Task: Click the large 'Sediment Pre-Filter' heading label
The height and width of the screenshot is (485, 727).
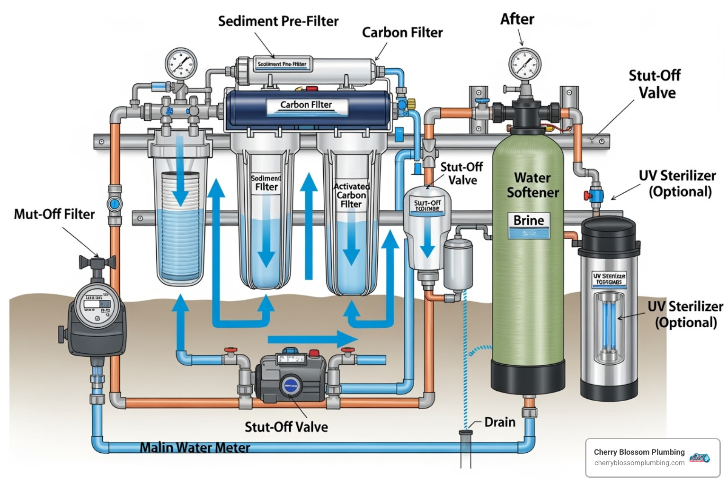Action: pyautogui.click(x=278, y=21)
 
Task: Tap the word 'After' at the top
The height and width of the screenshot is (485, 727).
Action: pyautogui.click(x=517, y=19)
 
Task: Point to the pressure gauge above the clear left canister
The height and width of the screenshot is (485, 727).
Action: pyautogui.click(x=181, y=63)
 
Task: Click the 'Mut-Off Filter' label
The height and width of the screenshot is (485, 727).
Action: pyautogui.click(x=54, y=214)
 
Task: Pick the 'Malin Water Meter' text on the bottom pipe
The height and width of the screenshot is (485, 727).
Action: pyautogui.click(x=195, y=447)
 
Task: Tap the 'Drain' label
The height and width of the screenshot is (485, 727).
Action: pyautogui.click(x=499, y=422)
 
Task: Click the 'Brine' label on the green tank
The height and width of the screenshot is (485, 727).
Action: pyautogui.click(x=529, y=221)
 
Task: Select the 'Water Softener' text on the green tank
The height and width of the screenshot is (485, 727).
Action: pyautogui.click(x=532, y=185)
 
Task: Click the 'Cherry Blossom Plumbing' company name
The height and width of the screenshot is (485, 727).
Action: pyautogui.click(x=639, y=452)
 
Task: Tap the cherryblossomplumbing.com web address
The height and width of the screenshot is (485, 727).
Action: pyautogui.click(x=639, y=463)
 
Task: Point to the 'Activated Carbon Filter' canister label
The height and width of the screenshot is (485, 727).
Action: pyautogui.click(x=351, y=195)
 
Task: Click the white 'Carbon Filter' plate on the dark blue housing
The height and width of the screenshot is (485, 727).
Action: pyautogui.click(x=306, y=105)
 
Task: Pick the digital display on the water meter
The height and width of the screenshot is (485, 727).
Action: pyautogui.click(x=97, y=303)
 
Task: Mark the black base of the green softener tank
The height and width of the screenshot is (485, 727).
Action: pyautogui.click(x=528, y=377)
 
